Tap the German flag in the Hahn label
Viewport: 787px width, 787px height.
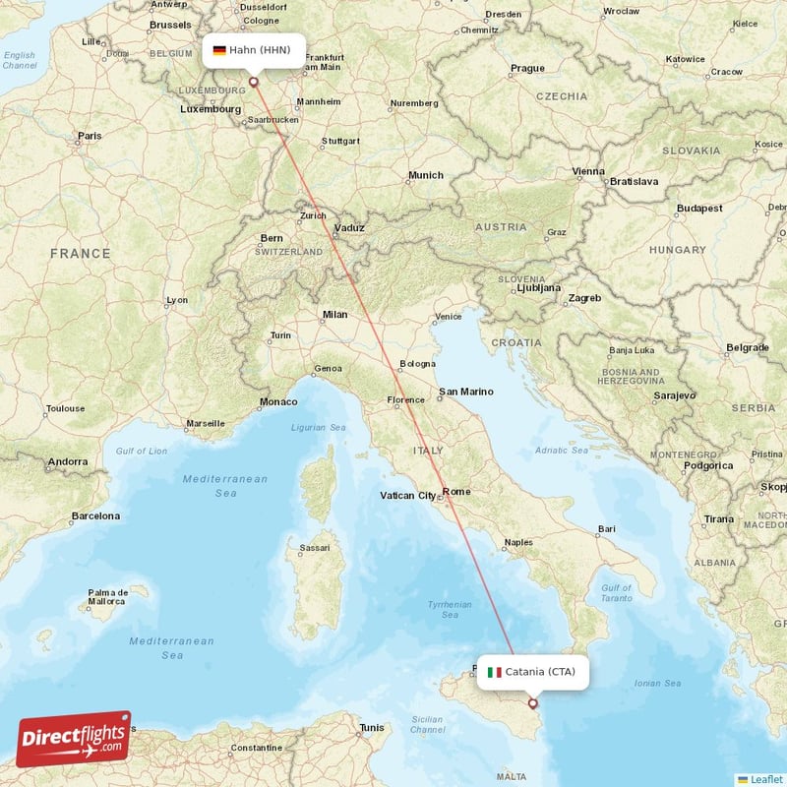pos(219,50)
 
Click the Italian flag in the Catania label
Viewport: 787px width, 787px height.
pos(495,673)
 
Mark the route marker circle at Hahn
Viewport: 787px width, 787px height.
pos(254,82)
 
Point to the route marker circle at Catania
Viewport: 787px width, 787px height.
pos(533,702)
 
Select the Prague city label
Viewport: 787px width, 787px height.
pos(527,69)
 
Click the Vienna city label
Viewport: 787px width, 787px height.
pos(589,171)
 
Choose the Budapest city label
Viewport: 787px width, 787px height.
pos(699,209)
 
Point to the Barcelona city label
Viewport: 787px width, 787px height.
pos(94,515)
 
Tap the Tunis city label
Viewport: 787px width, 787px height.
pos(372,728)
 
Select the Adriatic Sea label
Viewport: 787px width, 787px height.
pos(562,452)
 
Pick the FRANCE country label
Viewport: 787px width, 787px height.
pos(81,253)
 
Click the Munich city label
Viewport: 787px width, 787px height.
pos(426,175)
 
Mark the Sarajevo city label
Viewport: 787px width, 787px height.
pos(674,394)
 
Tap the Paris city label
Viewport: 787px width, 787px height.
pos(90,136)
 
